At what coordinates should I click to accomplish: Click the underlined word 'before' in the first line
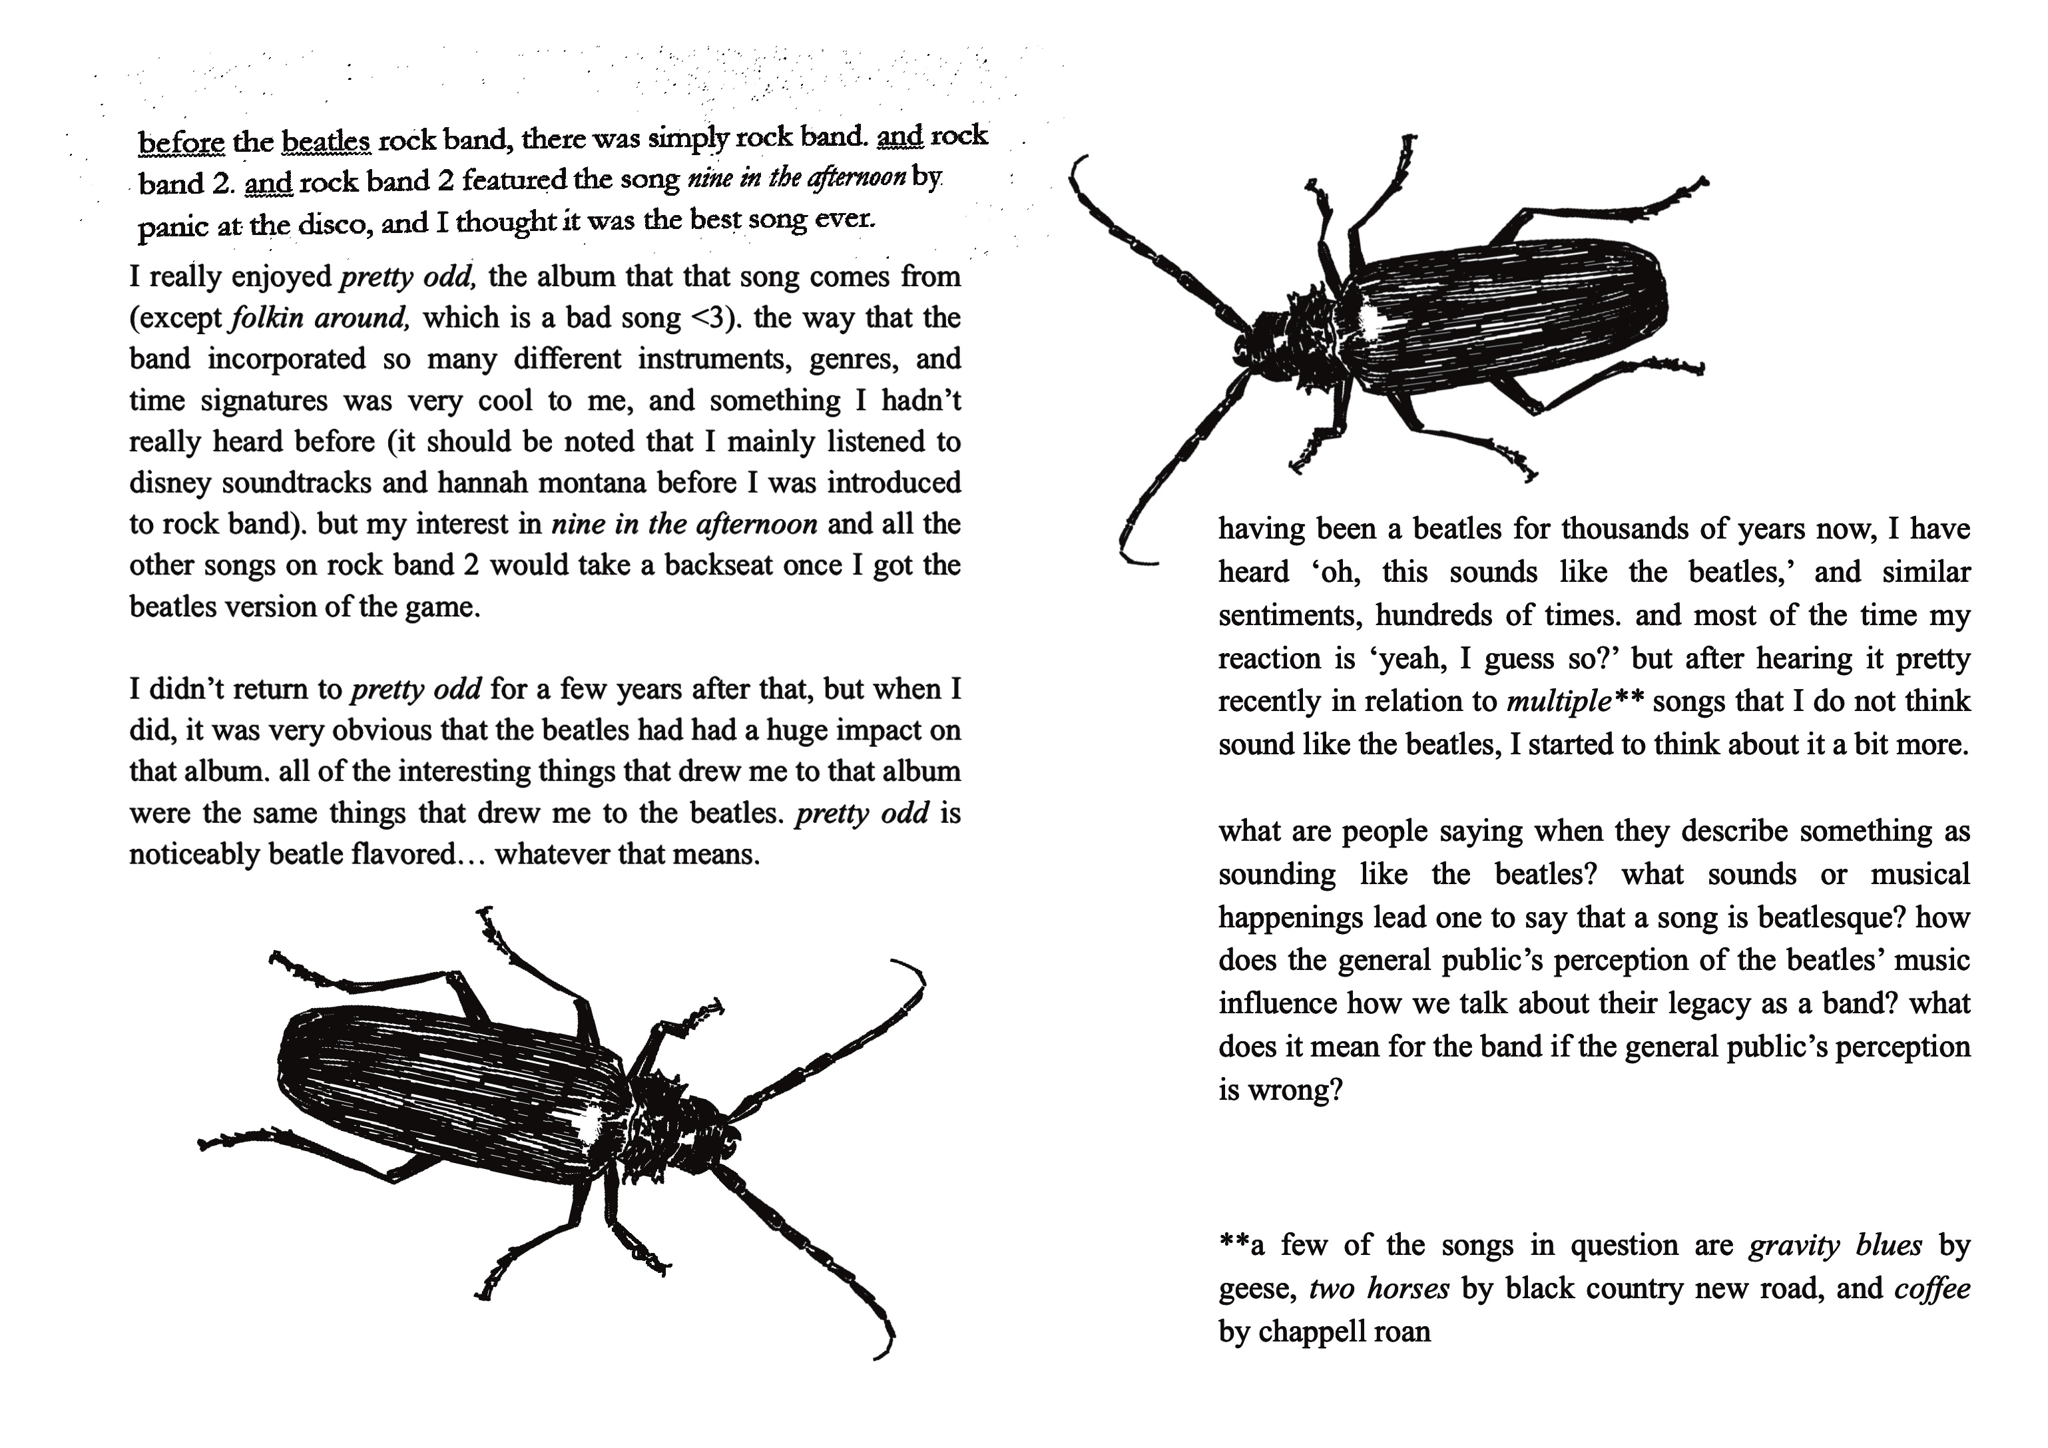tap(181, 142)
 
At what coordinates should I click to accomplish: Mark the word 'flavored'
tap(404, 855)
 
